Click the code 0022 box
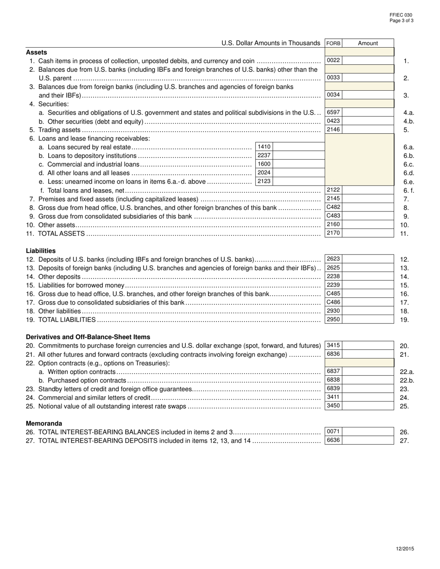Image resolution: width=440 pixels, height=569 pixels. coord(333,60)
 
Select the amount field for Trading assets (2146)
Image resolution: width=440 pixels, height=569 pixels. coord(368,130)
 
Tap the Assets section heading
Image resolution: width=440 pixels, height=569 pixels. coord(36,52)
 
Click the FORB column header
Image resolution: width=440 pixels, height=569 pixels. coord(333,43)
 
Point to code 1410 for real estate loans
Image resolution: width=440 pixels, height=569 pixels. coord(264,147)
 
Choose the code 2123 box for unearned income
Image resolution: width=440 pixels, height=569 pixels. coord(264,181)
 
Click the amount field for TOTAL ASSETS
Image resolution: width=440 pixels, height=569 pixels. coord(368,233)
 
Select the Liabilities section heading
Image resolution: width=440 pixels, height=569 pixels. coord(41,251)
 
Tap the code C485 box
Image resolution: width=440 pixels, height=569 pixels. coord(333,294)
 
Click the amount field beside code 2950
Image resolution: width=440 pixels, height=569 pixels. coord(368,320)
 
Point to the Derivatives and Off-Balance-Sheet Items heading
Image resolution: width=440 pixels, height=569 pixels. coord(88,337)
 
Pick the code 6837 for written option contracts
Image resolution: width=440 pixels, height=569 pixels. coord(333,371)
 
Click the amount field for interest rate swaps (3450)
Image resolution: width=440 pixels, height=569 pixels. coord(368,406)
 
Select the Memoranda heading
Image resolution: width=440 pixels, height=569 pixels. coord(44,423)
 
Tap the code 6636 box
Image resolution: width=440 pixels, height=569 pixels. coord(333,440)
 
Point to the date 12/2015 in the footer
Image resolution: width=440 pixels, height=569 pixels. coord(405,549)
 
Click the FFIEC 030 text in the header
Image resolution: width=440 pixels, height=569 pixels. coord(401,15)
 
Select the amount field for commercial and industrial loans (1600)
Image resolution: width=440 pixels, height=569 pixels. coord(298,164)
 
